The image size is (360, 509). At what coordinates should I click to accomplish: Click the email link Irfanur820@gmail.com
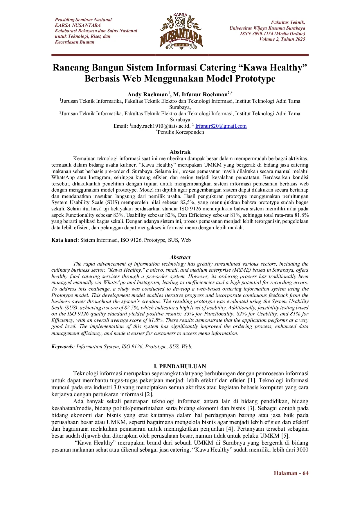point(221,126)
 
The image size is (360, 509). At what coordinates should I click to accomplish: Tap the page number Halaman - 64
point(291,473)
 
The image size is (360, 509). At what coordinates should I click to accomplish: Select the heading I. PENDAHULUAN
point(180,366)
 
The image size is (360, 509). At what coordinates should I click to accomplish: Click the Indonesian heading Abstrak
point(180,152)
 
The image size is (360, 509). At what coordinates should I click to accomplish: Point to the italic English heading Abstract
point(180,257)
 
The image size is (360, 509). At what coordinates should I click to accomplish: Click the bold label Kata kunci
point(64,240)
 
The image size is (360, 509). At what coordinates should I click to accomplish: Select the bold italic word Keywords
point(62,346)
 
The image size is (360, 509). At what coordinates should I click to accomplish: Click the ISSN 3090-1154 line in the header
point(272,34)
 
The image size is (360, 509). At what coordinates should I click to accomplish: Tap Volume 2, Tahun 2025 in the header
point(282,39)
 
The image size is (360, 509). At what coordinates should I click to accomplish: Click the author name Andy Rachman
point(148,95)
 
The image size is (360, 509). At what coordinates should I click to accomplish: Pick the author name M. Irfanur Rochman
point(200,95)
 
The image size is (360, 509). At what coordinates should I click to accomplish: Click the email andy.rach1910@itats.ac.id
point(161,126)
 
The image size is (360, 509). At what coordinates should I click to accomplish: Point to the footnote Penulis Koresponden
point(181,132)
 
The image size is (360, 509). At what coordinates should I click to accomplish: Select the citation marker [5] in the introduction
point(285,436)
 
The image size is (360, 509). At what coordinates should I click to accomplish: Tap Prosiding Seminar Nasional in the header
point(83,20)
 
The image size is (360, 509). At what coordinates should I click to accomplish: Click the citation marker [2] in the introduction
point(149,394)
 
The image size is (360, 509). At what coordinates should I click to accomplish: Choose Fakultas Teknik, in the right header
point(288,22)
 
